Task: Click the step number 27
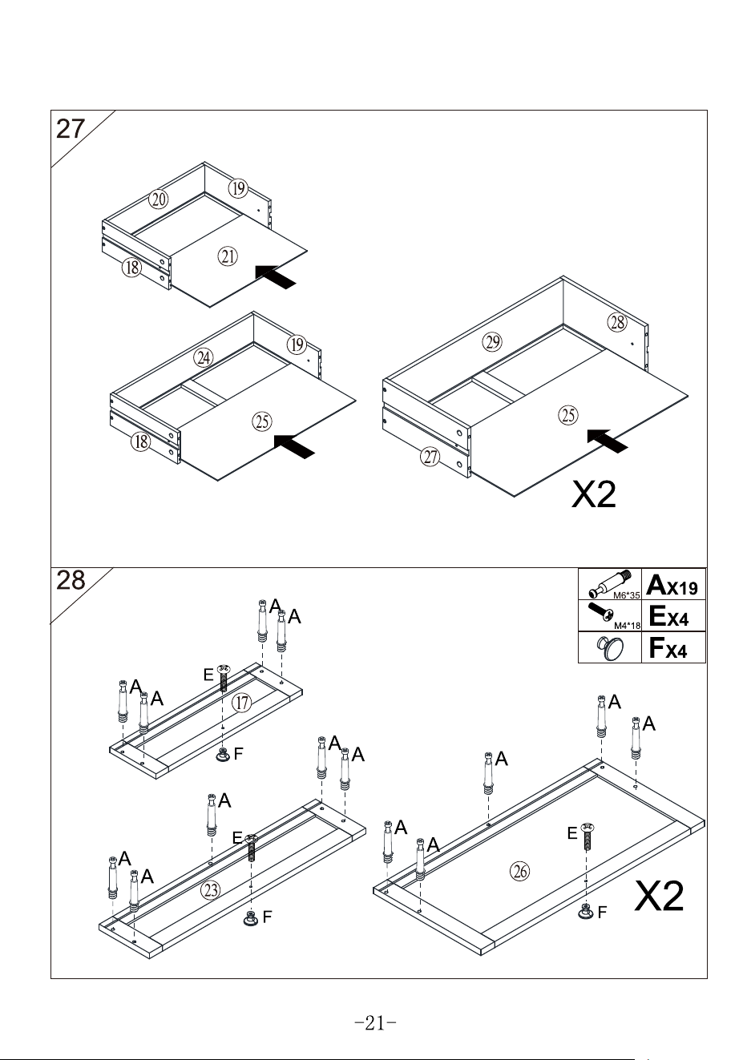tap(71, 129)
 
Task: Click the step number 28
tap(71, 580)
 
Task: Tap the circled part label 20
tap(158, 200)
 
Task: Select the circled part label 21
tap(228, 256)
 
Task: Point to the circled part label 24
tap(203, 358)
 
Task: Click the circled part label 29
tap(492, 341)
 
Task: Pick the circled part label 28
tap(617, 322)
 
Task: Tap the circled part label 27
tap(430, 457)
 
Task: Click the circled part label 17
tap(242, 703)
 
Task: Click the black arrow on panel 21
tap(276, 276)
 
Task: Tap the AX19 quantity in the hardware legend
tap(672, 585)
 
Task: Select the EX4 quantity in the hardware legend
tap(668, 616)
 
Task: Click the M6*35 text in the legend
tap(626, 596)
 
